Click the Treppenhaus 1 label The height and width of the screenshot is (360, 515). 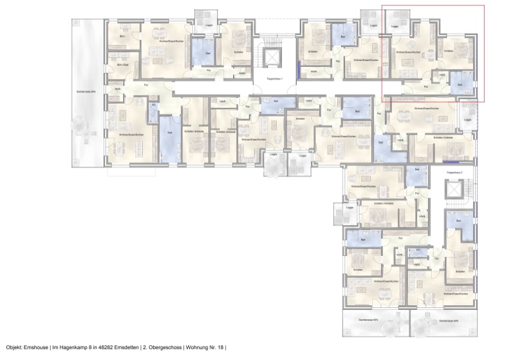275,78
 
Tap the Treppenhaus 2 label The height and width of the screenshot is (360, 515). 454,173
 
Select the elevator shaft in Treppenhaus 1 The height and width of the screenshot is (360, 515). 275,57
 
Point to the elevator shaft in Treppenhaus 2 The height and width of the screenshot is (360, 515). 455,191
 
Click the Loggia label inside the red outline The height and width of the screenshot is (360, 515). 395,27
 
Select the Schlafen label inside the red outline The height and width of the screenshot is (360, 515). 449,51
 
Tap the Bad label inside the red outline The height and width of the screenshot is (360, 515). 460,84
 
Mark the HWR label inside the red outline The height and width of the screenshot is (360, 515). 442,74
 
